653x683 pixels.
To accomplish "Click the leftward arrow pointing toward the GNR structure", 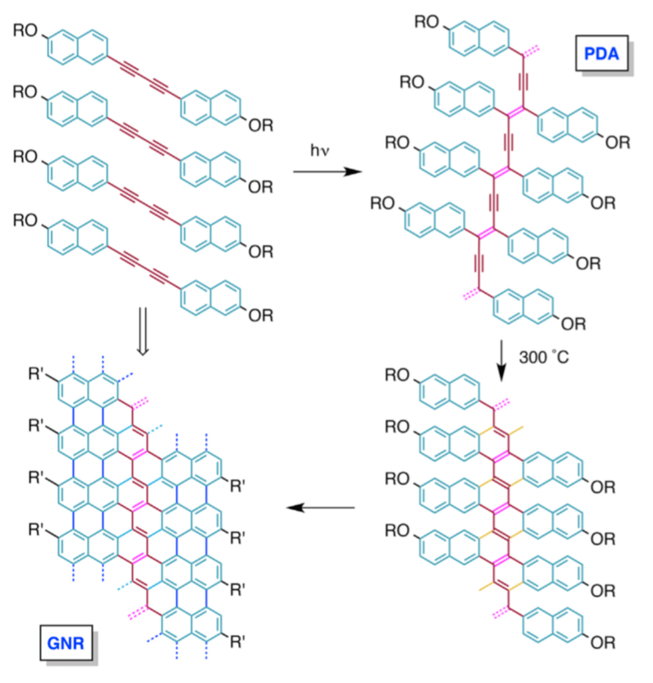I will tap(321, 508).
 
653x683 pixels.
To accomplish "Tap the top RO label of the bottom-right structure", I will tap(403, 375).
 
